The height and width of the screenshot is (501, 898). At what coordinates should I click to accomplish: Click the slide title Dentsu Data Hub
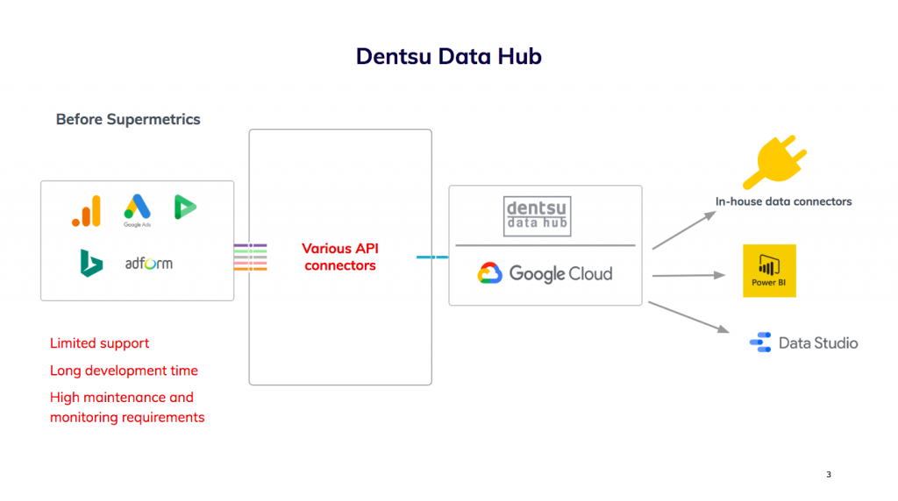(448, 56)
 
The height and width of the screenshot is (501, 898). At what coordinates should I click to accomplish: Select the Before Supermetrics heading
(128, 119)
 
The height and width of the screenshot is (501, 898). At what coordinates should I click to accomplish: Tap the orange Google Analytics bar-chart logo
(87, 211)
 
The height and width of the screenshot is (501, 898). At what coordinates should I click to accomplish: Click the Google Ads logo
(138, 210)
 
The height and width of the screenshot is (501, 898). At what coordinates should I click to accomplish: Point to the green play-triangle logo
(185, 207)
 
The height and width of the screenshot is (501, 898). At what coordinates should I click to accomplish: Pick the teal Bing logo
(91, 263)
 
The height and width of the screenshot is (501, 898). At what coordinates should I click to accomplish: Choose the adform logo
(149, 263)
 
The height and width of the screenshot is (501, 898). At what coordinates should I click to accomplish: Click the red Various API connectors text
(340, 257)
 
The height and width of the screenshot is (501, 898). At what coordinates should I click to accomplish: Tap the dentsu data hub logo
(538, 216)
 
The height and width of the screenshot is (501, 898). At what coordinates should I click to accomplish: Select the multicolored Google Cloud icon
(489, 273)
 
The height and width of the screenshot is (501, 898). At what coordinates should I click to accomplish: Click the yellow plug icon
(774, 162)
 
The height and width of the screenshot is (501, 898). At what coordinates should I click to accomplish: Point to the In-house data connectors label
(783, 201)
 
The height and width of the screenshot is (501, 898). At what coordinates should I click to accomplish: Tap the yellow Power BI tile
(769, 271)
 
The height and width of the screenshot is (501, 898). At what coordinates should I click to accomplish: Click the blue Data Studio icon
(760, 342)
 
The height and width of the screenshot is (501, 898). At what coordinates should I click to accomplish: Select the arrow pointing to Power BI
(689, 275)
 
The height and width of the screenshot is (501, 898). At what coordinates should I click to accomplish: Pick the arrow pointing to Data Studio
(689, 317)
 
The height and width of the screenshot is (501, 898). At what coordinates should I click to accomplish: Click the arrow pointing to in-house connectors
(684, 229)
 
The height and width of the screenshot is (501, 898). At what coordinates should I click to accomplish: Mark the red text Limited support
(99, 343)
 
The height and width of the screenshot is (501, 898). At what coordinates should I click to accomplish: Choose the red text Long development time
(124, 370)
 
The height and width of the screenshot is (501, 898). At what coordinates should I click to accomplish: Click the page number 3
(829, 474)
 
